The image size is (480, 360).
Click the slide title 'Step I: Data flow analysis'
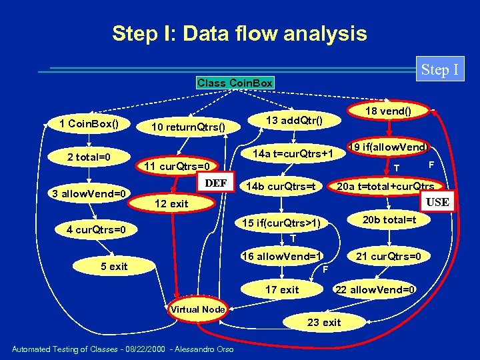[239, 33]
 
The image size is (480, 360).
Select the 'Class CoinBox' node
[235, 83]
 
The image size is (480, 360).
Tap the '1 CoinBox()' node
[89, 123]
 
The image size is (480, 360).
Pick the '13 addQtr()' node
[294, 120]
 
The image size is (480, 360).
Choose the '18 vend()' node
[389, 111]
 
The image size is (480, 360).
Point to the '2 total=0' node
[89, 157]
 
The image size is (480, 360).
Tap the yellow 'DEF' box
[216, 183]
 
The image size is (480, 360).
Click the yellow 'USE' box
[437, 202]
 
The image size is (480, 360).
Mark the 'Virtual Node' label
[197, 309]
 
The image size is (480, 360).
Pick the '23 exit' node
[324, 322]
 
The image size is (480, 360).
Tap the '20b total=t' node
[389, 219]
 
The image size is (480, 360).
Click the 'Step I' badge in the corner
[440, 69]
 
